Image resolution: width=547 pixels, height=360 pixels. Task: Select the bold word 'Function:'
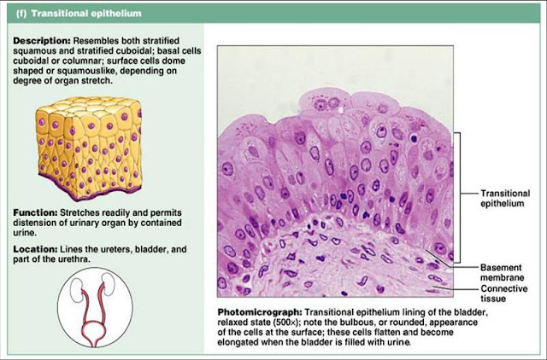(34, 212)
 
